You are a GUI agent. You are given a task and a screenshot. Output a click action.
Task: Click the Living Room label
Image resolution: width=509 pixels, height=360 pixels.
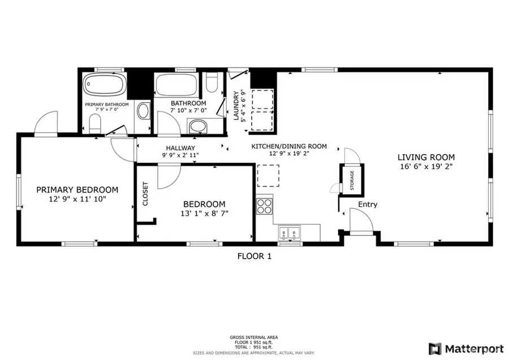coord(426,157)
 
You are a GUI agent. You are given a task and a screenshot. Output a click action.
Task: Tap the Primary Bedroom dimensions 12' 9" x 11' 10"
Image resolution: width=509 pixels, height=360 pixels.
coord(77,199)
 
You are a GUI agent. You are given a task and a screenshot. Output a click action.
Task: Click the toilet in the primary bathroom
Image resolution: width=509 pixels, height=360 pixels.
coord(94,123)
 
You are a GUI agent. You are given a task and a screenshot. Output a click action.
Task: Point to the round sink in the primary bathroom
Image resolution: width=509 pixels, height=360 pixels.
coord(143,110)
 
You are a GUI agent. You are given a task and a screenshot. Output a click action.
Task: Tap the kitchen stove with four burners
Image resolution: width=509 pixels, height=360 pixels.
coord(265,205)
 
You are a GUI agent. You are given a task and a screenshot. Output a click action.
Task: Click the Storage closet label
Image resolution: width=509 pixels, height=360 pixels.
coord(351,180)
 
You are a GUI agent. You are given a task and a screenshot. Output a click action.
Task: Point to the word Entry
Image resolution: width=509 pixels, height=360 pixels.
coord(368,204)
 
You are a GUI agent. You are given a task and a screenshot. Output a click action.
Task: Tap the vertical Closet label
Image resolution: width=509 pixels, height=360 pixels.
coord(145,194)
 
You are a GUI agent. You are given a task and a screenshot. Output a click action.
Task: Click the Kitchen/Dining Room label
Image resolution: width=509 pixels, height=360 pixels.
coord(289,147)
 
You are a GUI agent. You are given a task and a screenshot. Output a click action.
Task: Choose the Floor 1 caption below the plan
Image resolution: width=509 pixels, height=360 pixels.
coord(254,256)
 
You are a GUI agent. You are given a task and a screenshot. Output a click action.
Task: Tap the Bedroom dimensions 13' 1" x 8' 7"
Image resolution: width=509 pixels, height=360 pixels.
coord(204,213)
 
